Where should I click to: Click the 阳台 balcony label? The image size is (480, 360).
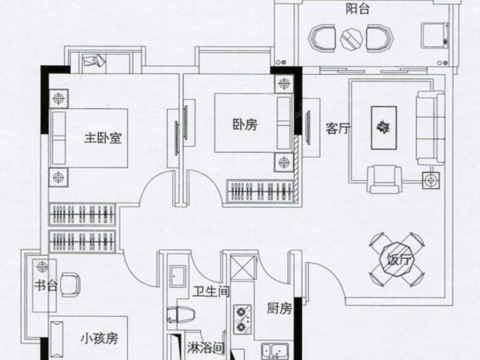pyautogui.click(x=358, y=9)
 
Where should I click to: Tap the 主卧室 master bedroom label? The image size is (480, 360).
pyautogui.click(x=103, y=138)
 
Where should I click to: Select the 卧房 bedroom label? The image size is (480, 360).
pyautogui.click(x=245, y=125)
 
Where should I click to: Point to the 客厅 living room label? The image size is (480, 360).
pyautogui.click(x=338, y=128)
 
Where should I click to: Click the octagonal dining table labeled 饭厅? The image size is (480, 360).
pyautogui.click(x=396, y=260)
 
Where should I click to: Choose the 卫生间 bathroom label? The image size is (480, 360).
pyautogui.click(x=211, y=292)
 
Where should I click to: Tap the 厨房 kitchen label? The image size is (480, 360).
pyautogui.click(x=279, y=309)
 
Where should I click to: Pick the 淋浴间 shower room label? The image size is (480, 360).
pyautogui.click(x=206, y=348)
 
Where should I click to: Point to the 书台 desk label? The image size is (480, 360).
pyautogui.click(x=46, y=286)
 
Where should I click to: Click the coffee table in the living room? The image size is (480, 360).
pyautogui.click(x=384, y=128)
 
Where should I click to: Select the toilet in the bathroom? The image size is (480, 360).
pyautogui.click(x=181, y=315)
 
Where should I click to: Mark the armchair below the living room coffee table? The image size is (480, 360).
pyautogui.click(x=384, y=179)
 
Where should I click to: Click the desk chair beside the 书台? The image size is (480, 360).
pyautogui.click(x=70, y=285)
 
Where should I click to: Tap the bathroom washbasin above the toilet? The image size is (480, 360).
pyautogui.click(x=178, y=276)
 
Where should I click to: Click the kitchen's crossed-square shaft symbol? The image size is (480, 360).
pyautogui.click(x=243, y=268)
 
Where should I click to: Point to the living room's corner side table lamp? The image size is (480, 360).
pyautogui.click(x=431, y=180)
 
